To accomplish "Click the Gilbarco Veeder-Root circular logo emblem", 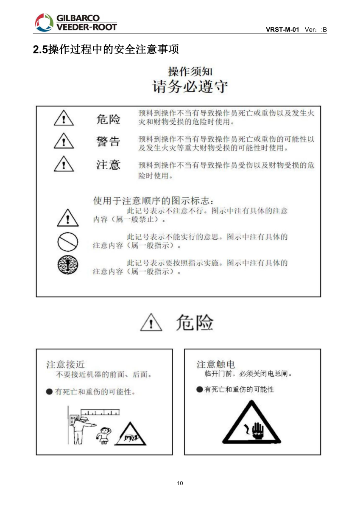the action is click(x=44, y=22).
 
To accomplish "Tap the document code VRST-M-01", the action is click(x=282, y=30).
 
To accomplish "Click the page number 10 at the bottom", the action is click(x=180, y=483).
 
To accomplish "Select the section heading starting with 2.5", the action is click(x=106, y=49).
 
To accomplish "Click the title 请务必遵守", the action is click(x=190, y=86).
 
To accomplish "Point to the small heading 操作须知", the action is click(x=190, y=71).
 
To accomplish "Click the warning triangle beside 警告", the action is click(x=64, y=141).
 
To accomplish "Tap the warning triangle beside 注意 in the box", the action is click(x=64, y=164).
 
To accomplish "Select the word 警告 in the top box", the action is click(x=108, y=141).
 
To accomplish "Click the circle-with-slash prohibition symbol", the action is click(x=68, y=242).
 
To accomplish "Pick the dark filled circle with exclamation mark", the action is click(x=68, y=265).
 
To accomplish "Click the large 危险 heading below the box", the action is click(x=195, y=322).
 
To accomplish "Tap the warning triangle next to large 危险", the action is click(x=151, y=322).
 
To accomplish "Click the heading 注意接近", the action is click(x=66, y=364).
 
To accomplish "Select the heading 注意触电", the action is click(x=215, y=364).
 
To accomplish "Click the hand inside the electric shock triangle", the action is click(x=257, y=431).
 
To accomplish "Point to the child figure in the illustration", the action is click(x=104, y=436).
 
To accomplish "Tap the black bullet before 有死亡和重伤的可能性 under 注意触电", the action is click(x=199, y=389).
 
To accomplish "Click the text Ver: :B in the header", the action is click(x=315, y=30).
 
